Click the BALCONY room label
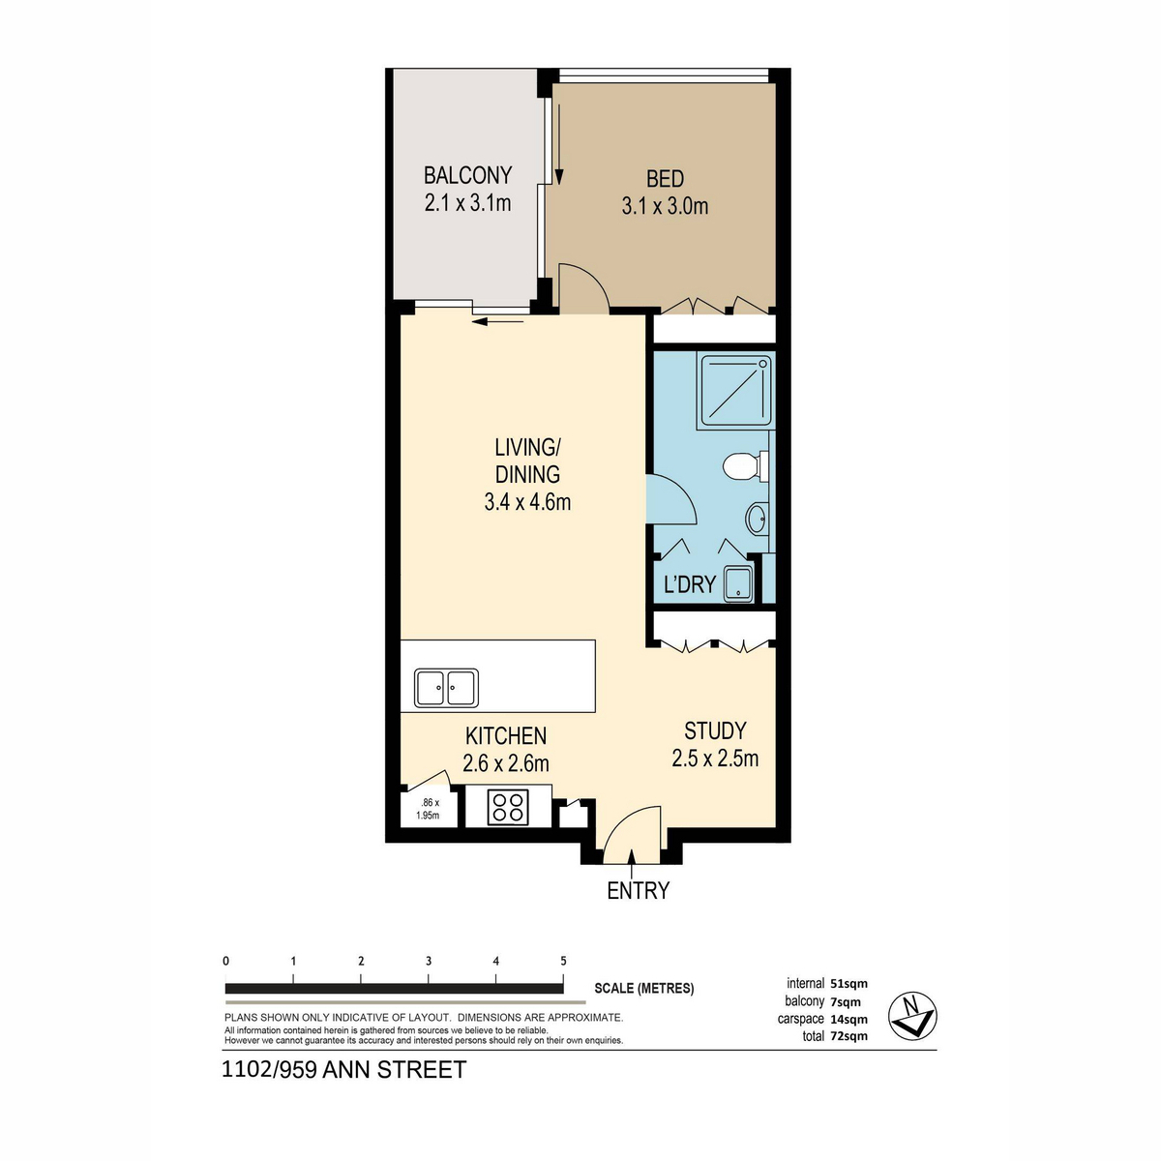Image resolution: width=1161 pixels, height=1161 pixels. click(x=467, y=175)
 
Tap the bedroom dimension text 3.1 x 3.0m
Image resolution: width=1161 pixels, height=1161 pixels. click(x=665, y=206)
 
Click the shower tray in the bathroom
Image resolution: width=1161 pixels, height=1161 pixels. click(x=737, y=390)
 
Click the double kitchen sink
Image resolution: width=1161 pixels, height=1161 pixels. click(x=446, y=688)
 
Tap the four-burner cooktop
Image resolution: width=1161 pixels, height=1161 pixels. click(x=508, y=807)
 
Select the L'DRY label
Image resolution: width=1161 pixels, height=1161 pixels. click(x=689, y=584)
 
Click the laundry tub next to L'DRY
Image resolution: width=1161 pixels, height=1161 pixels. click(x=738, y=582)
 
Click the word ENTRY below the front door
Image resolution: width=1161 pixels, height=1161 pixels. click(x=638, y=891)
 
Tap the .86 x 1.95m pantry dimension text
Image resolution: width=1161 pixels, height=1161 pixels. click(x=428, y=809)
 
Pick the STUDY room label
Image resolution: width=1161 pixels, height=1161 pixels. click(x=715, y=730)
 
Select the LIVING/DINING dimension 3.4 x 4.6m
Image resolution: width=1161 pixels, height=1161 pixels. click(x=527, y=502)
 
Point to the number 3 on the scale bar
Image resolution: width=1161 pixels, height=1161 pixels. click(x=428, y=962)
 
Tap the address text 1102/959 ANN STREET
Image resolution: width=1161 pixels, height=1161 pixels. click(x=344, y=1070)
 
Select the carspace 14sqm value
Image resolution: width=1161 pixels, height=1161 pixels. click(x=848, y=1019)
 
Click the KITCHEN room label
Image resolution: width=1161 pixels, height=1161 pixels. click(x=506, y=736)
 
